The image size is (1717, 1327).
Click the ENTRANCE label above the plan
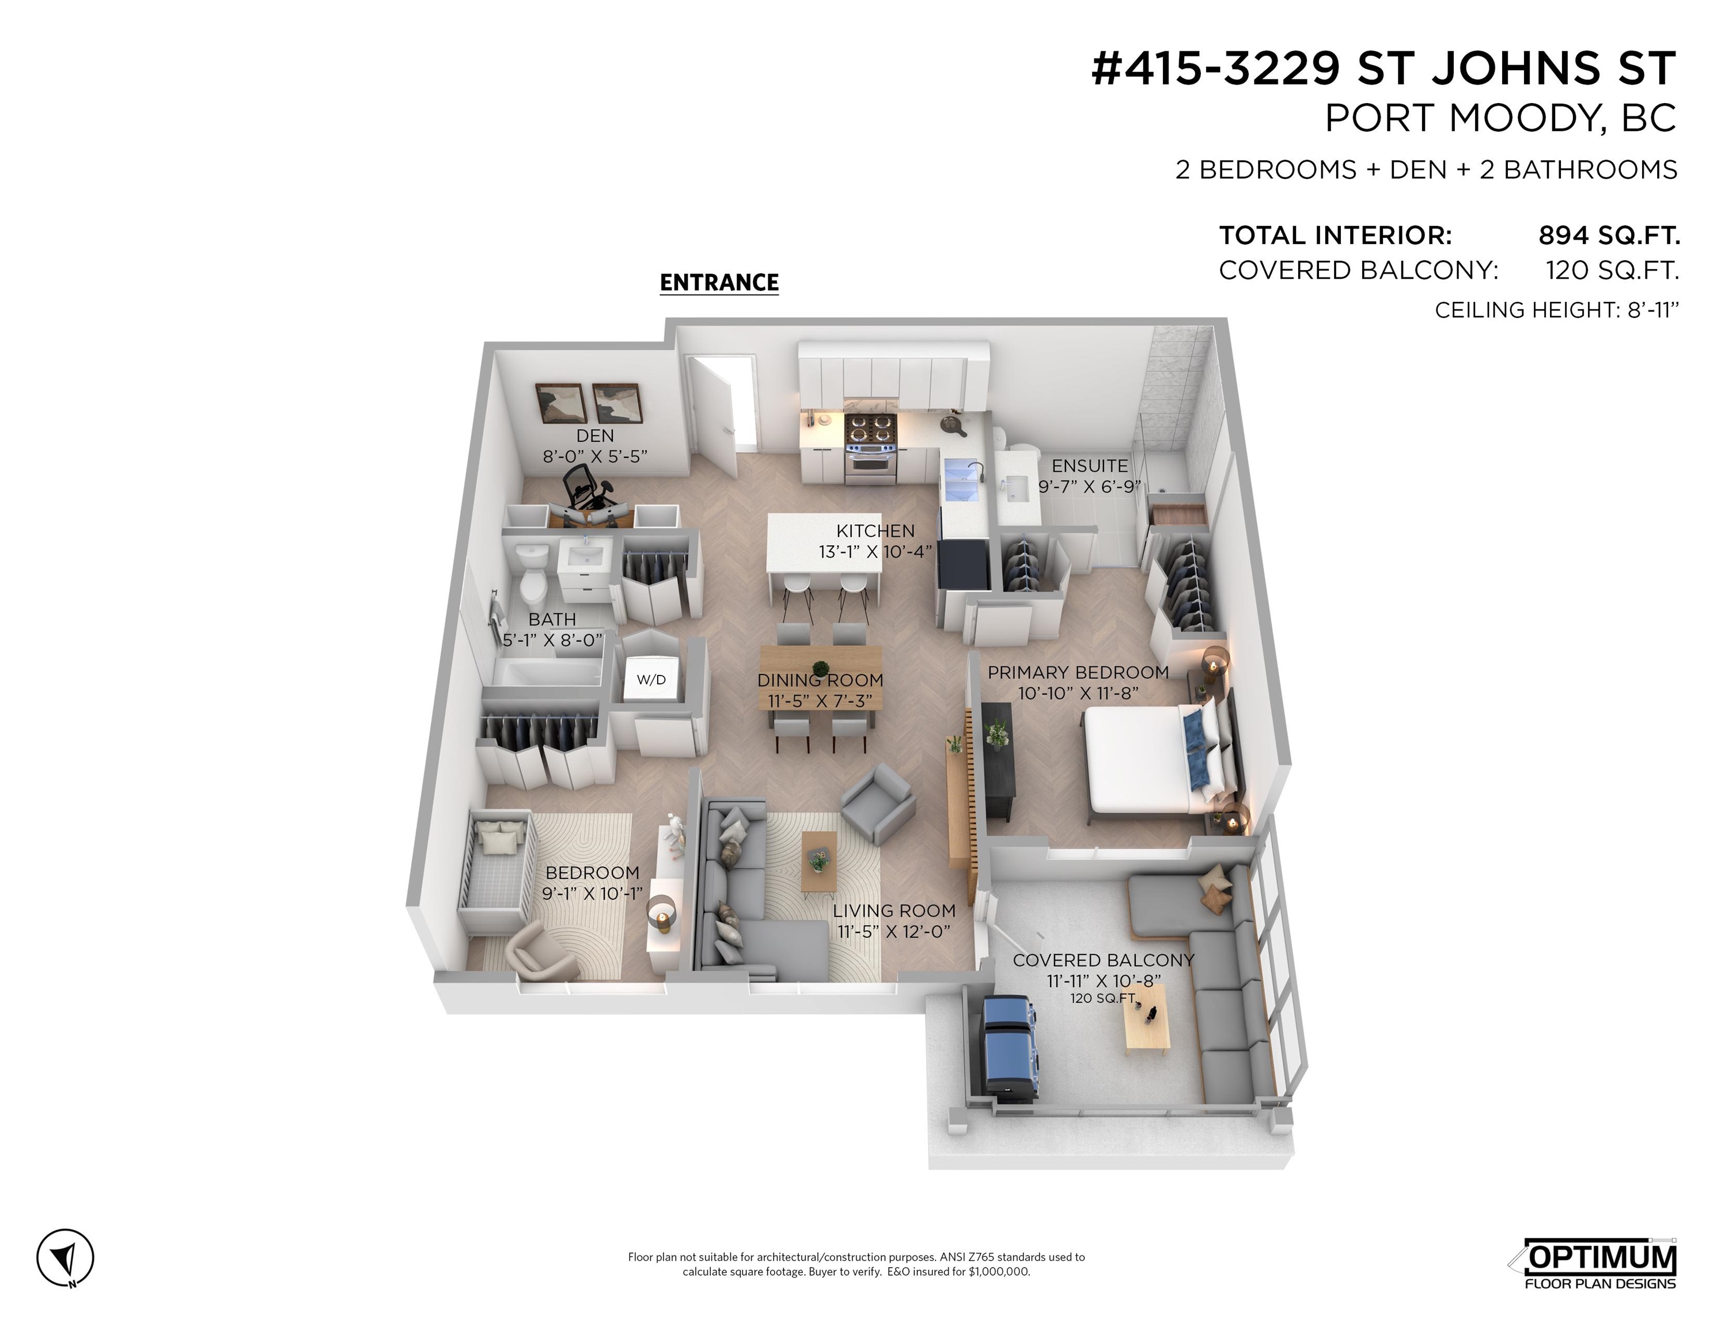[x=719, y=282]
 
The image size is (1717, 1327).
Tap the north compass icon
[x=65, y=1258]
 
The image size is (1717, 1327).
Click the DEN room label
[x=594, y=435]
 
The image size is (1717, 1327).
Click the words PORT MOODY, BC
[x=1500, y=119]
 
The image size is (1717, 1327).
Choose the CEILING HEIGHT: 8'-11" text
[x=1556, y=310]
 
